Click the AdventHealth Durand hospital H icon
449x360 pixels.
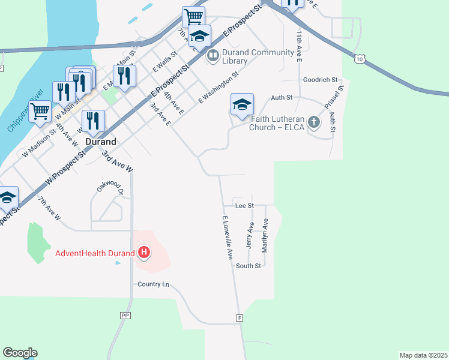click(144, 253)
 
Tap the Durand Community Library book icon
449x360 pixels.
click(212, 56)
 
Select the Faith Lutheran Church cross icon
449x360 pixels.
click(313, 123)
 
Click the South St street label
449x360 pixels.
click(248, 266)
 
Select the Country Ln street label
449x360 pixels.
click(154, 284)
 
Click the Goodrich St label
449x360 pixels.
click(321, 80)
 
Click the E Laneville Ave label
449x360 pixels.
click(228, 238)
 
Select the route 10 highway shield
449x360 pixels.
click(359, 58)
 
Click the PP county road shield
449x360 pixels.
click(125, 315)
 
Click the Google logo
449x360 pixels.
click(20, 353)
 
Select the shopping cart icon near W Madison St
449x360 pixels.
click(40, 110)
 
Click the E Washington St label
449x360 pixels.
click(218, 88)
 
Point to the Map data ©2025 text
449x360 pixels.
click(423, 355)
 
